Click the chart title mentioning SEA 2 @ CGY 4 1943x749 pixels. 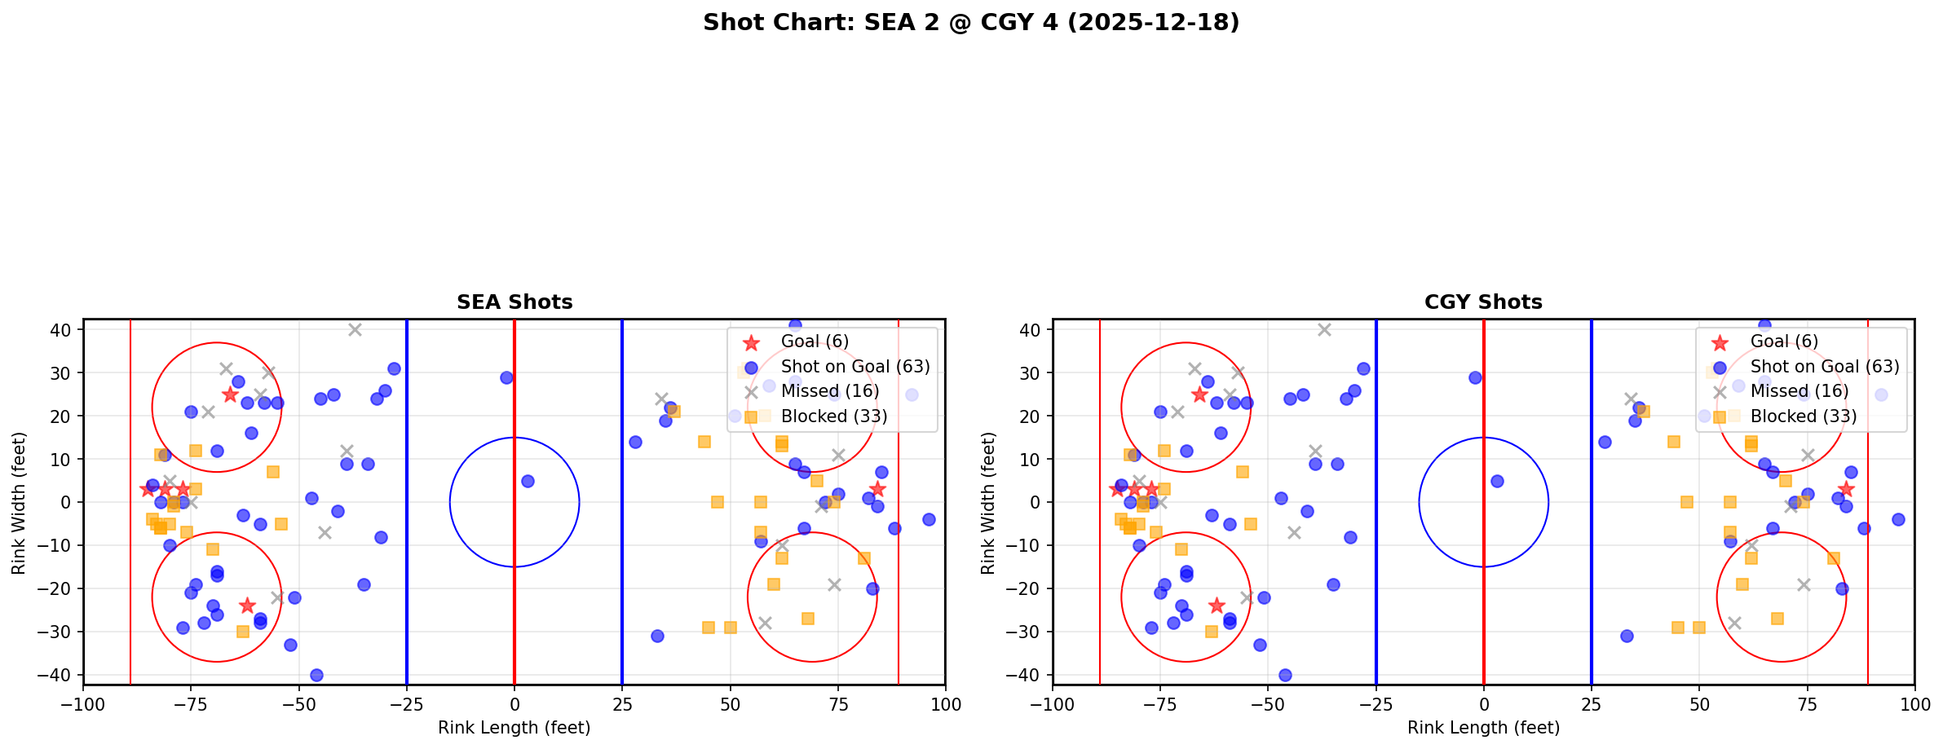[x=971, y=23]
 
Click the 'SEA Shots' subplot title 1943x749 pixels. [x=514, y=302]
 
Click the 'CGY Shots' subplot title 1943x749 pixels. [x=1483, y=302]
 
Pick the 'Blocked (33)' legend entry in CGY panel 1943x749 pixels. [x=1803, y=416]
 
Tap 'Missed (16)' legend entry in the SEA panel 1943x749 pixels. [x=829, y=391]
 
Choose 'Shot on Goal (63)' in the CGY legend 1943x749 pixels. [x=1824, y=367]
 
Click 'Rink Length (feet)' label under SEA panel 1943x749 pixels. [x=514, y=728]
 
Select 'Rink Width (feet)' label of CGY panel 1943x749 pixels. [x=988, y=502]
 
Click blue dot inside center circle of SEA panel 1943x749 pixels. [x=528, y=481]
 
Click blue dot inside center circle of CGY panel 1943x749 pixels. [x=1497, y=481]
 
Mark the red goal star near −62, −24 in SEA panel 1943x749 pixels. [x=247, y=606]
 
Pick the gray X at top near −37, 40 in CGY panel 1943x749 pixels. [x=1324, y=330]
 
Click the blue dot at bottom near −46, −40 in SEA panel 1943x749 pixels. [x=316, y=675]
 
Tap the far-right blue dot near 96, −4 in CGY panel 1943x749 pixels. [x=1897, y=519]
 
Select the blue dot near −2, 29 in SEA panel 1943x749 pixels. [x=506, y=377]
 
